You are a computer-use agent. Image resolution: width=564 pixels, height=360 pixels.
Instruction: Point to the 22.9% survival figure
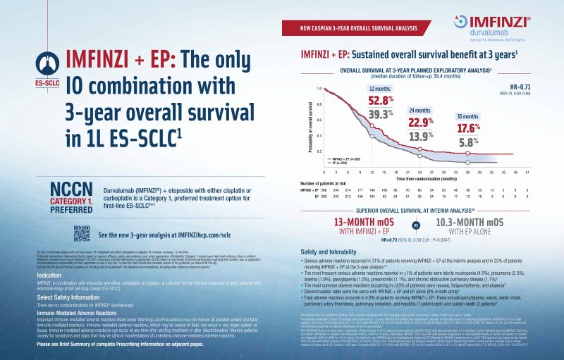pos(420,122)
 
